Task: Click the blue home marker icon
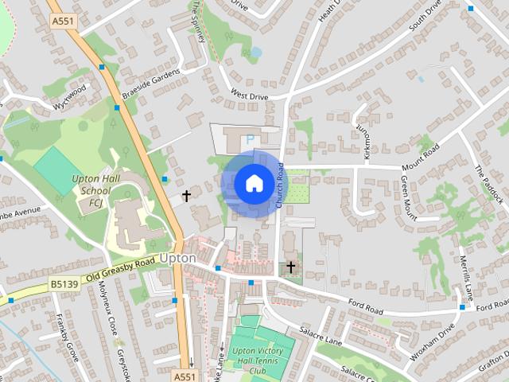[253, 184]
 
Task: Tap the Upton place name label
[177, 259]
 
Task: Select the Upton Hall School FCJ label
[91, 190]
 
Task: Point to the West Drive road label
[249, 95]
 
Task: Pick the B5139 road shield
[63, 283]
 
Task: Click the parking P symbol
[250, 139]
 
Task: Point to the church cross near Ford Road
[291, 267]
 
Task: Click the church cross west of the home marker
[187, 195]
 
